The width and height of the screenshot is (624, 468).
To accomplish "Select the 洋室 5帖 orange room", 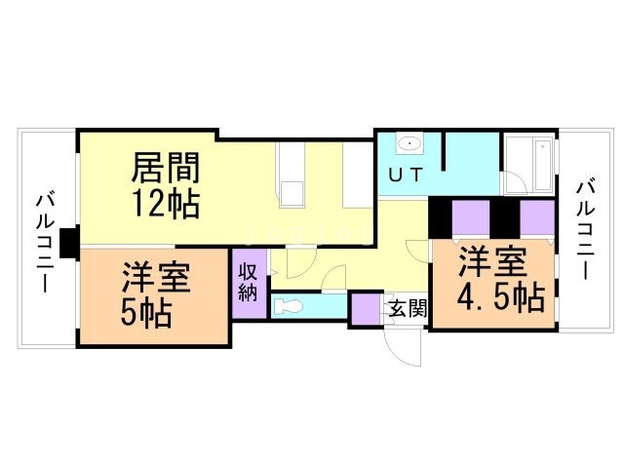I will click(154, 296).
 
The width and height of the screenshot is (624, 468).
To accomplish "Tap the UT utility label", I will click(407, 176).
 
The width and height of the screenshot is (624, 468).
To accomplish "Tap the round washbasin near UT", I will click(410, 145).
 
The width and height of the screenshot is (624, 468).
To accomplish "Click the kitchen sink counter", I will click(292, 175).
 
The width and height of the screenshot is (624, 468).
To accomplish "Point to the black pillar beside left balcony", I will click(68, 243).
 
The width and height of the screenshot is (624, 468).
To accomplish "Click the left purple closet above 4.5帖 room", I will click(471, 217).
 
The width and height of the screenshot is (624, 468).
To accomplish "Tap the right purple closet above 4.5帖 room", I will click(535, 217).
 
